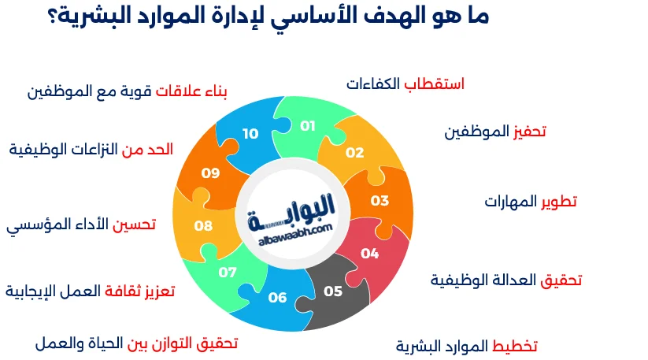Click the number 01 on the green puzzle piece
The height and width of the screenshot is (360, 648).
(x=307, y=126)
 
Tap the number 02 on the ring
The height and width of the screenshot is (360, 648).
(x=355, y=153)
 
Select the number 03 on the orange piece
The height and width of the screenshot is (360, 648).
(x=380, y=200)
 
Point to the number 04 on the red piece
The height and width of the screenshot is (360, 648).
(x=369, y=253)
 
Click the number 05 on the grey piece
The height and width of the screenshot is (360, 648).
(x=333, y=291)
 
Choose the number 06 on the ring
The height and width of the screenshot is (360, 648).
(x=277, y=297)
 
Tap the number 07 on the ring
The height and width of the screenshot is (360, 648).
(x=228, y=273)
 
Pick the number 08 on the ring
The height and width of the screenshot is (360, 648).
(x=203, y=226)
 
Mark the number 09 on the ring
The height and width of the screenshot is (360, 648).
(x=210, y=173)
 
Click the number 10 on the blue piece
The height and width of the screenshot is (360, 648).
(x=250, y=134)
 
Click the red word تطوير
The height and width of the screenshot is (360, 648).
(x=558, y=201)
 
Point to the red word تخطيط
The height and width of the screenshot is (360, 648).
(x=515, y=346)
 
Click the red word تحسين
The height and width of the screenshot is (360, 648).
(x=134, y=225)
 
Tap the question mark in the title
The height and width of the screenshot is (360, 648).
(x=54, y=17)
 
